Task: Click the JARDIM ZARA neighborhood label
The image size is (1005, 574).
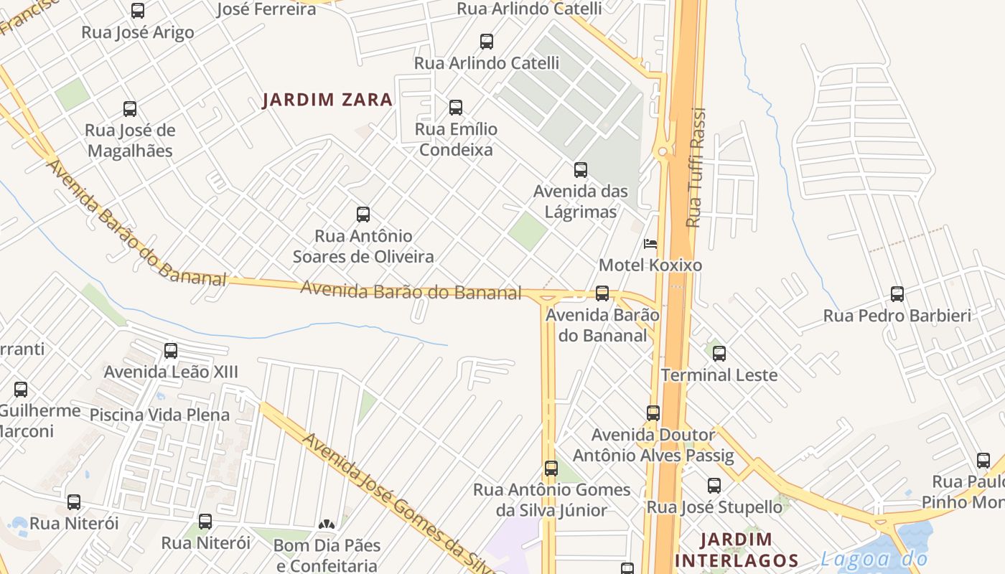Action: [x=327, y=100]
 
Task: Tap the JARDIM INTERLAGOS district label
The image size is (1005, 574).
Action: [x=737, y=550]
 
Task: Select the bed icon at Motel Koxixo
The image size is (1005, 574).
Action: [x=650, y=244]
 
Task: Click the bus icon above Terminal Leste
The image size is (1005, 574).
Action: [x=719, y=354]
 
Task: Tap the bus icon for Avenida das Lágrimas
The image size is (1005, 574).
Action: [x=581, y=170]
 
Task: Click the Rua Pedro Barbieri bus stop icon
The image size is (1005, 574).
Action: [x=897, y=294]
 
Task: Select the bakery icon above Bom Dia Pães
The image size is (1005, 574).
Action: [x=327, y=524]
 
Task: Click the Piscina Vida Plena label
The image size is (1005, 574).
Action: [x=159, y=415]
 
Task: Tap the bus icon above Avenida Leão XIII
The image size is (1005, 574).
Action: [x=171, y=351]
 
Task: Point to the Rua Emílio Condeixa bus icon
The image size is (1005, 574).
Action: [x=456, y=108]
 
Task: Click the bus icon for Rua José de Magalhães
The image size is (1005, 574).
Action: [x=130, y=109]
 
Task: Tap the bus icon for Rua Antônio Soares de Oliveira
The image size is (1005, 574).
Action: [x=363, y=215]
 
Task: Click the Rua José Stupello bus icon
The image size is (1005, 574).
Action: [x=714, y=486]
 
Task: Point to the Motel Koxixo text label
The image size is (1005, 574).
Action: [x=650, y=265]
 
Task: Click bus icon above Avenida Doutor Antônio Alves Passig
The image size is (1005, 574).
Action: [x=653, y=413]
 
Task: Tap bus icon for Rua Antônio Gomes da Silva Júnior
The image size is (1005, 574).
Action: [x=551, y=469]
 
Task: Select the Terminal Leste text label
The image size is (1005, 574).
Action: [x=719, y=375]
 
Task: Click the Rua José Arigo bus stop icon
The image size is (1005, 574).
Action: [x=138, y=11]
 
